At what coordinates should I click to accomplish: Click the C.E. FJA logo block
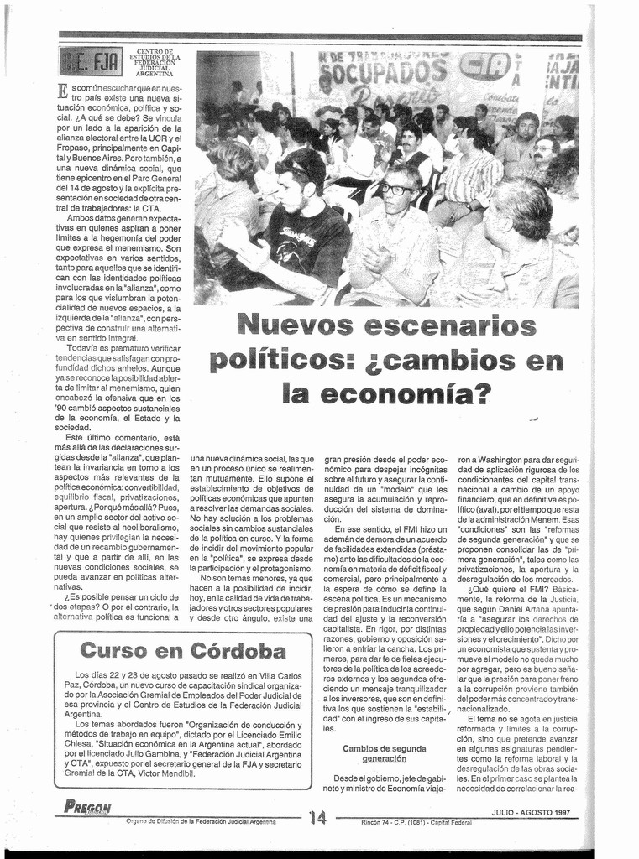coord(89,62)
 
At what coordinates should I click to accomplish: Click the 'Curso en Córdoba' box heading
coord(183,649)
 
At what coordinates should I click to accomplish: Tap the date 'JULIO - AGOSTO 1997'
coord(531,812)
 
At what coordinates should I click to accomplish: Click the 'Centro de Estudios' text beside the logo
coord(155,63)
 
